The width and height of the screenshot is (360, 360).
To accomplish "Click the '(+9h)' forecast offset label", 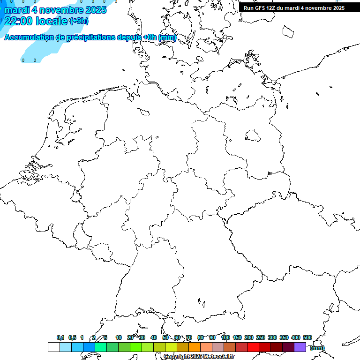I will [78, 21].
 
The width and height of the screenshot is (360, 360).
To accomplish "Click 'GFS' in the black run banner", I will [260, 8].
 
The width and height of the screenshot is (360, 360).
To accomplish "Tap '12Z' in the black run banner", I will [272, 8].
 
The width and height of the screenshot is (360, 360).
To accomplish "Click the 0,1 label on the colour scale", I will [60, 337].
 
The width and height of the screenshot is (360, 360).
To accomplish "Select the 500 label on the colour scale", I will [307, 337].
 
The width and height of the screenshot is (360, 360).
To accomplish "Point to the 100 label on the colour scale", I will [225, 337].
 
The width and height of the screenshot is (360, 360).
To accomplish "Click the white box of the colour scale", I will [53, 347].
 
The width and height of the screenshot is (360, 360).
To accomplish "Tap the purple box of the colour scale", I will [300, 347].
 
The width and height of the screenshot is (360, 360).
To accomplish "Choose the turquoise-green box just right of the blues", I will [100, 347].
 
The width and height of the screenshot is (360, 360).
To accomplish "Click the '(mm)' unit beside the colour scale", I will [317, 348].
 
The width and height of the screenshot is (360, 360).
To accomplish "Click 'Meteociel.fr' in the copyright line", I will [218, 357].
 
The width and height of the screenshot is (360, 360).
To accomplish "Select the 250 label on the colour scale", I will [260, 337].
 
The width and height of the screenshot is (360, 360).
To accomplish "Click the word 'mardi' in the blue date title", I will [16, 9].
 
